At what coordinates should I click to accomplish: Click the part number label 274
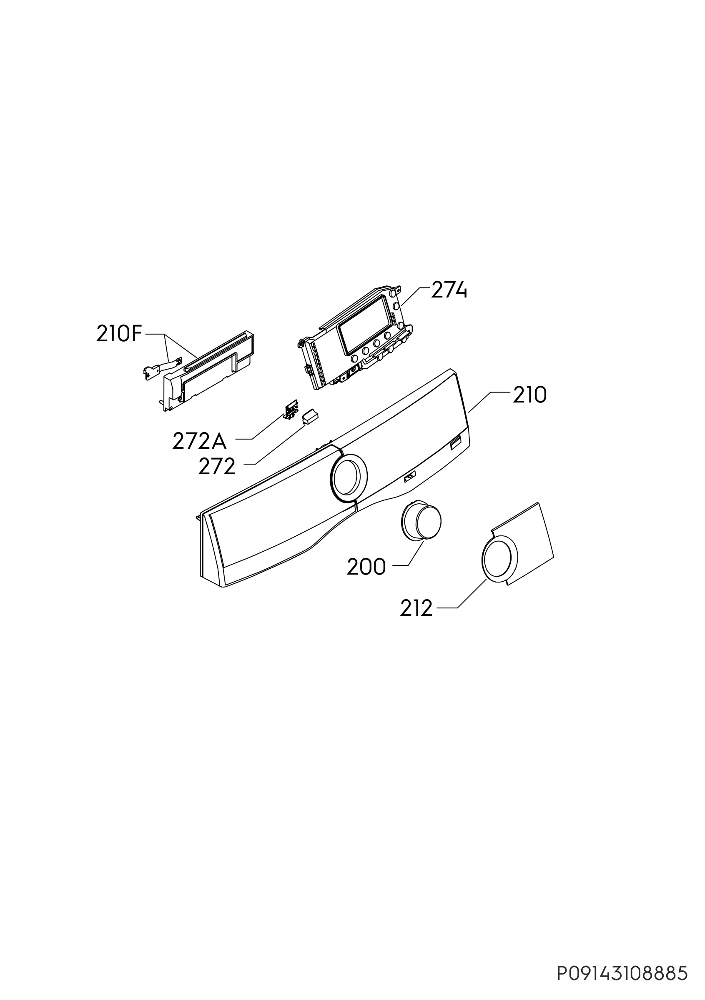(449, 290)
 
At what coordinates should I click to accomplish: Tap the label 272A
(200, 441)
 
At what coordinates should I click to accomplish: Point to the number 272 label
(216, 467)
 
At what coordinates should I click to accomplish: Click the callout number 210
(529, 395)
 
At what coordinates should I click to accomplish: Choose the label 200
(366, 567)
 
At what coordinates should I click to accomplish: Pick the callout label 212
(416, 608)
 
